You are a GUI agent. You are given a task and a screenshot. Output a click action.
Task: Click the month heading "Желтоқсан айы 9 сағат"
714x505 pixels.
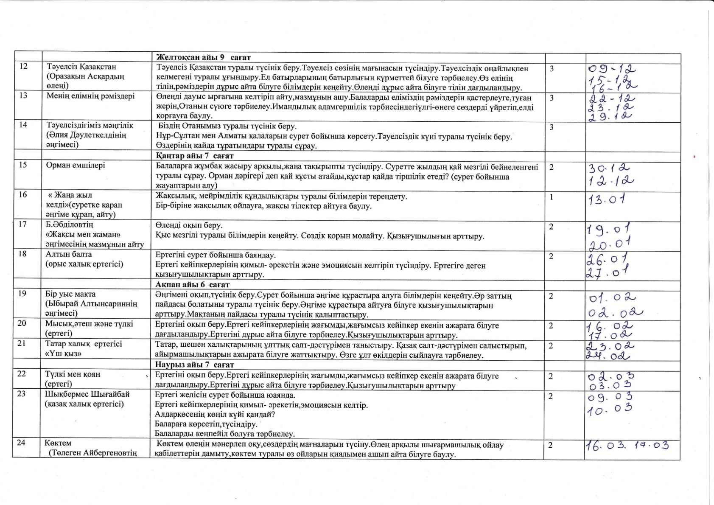click(x=204, y=57)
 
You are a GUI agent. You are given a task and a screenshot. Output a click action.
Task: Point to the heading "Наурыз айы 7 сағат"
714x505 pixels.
click(x=194, y=365)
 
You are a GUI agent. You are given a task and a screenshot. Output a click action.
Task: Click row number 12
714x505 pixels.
click(x=23, y=66)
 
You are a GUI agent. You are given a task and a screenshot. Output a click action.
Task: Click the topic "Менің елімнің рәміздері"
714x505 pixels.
click(x=90, y=96)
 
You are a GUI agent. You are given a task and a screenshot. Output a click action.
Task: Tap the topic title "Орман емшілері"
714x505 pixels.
click(x=76, y=165)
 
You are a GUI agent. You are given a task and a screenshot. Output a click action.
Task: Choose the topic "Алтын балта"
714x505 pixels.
click(x=69, y=254)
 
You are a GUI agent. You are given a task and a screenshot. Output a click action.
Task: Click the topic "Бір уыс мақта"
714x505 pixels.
click(x=70, y=294)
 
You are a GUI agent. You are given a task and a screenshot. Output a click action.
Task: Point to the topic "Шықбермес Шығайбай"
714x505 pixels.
click(x=87, y=394)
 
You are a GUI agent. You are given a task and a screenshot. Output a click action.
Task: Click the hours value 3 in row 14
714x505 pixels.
click(x=552, y=127)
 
